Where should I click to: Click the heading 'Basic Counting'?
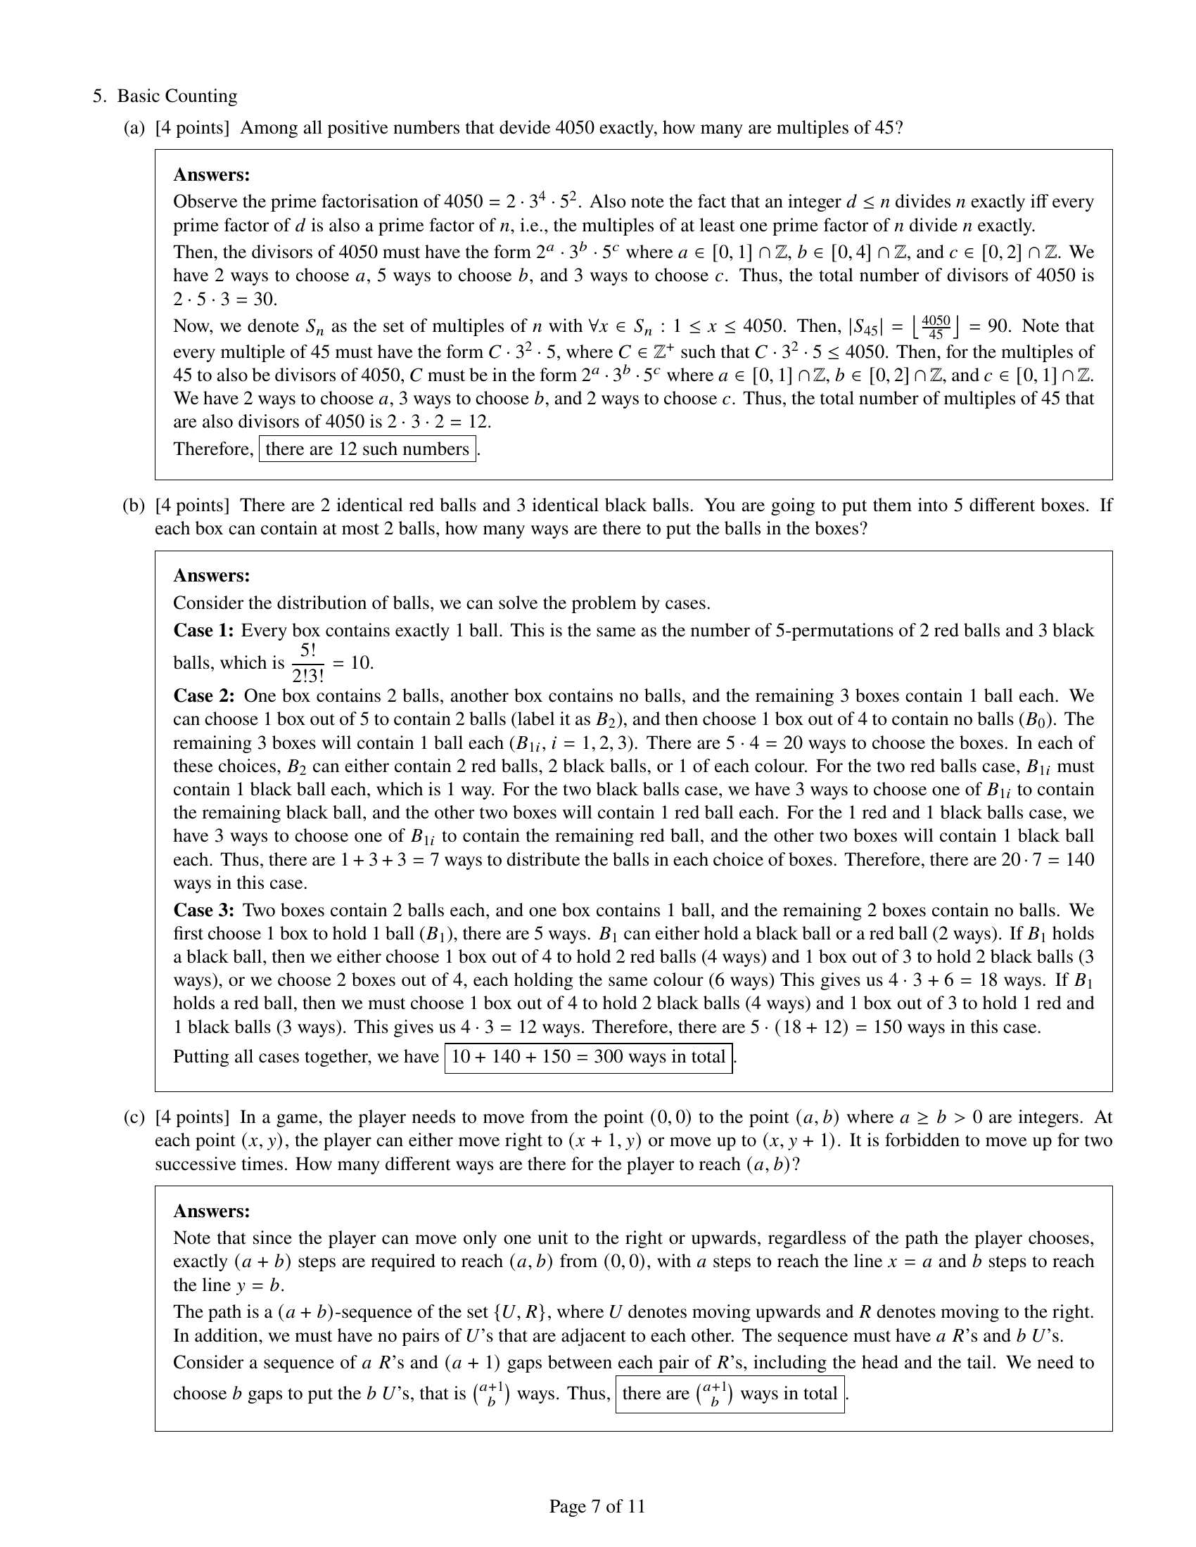coord(177,96)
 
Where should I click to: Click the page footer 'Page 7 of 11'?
coord(597,1506)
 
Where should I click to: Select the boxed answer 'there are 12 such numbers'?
coord(367,449)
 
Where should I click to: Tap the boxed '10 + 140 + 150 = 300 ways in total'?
coord(588,1057)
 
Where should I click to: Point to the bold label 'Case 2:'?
coord(204,695)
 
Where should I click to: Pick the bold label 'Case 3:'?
coord(204,910)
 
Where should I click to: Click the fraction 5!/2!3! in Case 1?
coord(307,663)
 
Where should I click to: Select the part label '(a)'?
coord(134,128)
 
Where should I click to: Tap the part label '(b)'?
coord(134,506)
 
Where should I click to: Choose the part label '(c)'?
coord(134,1118)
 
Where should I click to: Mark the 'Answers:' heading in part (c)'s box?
coord(211,1211)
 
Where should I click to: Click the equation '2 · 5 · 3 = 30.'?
coord(225,300)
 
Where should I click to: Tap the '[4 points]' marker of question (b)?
coord(192,506)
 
